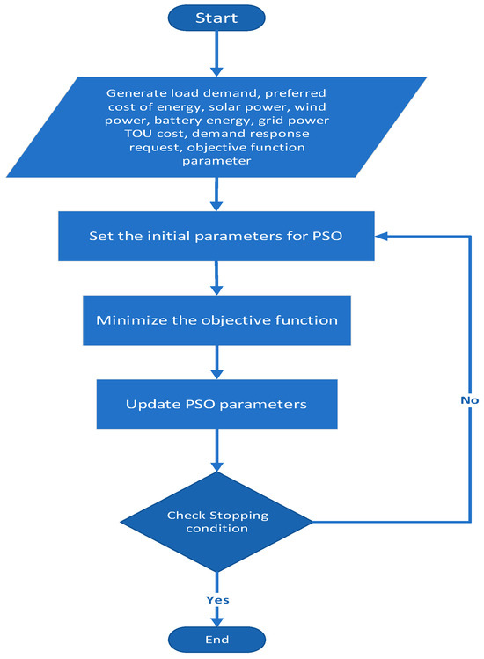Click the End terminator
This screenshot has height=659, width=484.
(215, 640)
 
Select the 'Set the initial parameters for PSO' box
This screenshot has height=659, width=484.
(215, 236)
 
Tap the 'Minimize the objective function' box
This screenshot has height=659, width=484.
(216, 319)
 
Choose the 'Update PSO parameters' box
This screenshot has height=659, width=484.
(216, 404)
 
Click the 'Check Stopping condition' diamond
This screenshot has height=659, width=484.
(216, 523)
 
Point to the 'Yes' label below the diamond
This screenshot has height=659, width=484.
(216, 599)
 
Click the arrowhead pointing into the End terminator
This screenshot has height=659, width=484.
(215, 619)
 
